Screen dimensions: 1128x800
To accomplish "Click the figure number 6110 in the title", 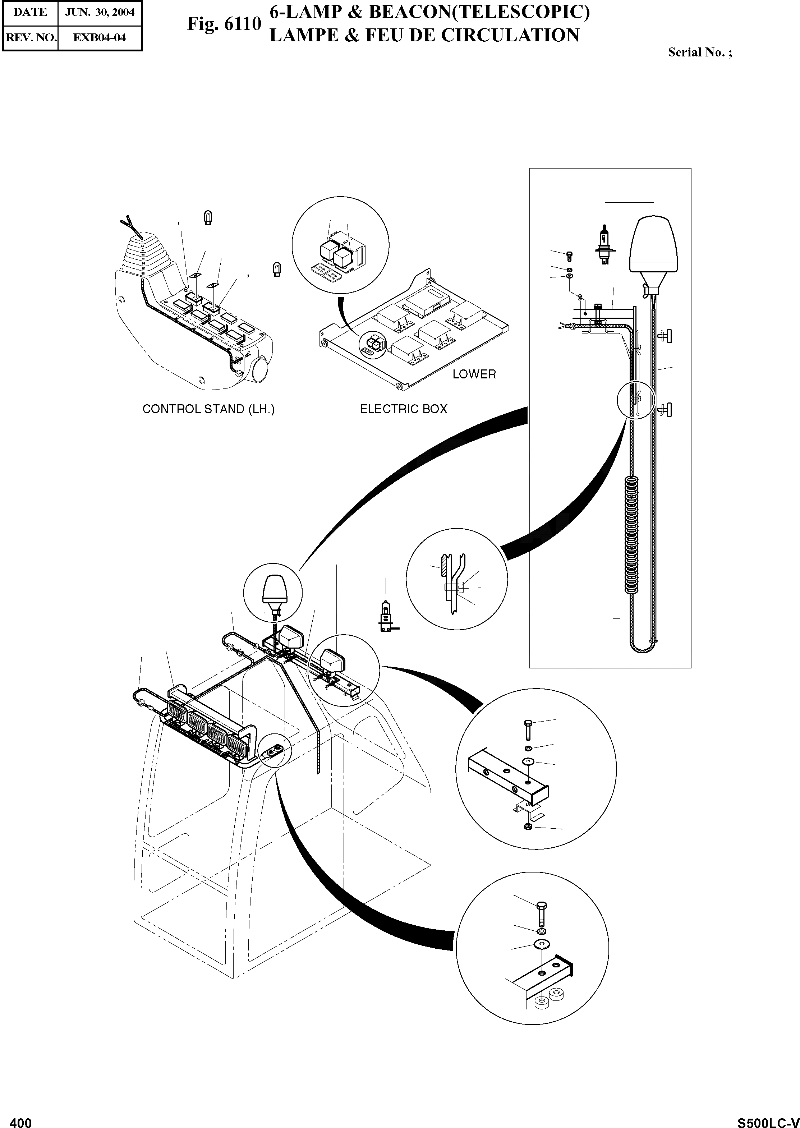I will point(242,24).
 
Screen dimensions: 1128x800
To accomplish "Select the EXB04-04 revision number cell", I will point(100,37).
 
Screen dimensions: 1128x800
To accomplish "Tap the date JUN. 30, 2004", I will point(100,12).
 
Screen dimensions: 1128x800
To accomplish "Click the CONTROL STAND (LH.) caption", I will point(208,409).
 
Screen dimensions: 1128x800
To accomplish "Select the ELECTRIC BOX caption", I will point(404,409).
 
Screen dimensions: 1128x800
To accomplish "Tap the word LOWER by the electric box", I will point(474,374).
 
